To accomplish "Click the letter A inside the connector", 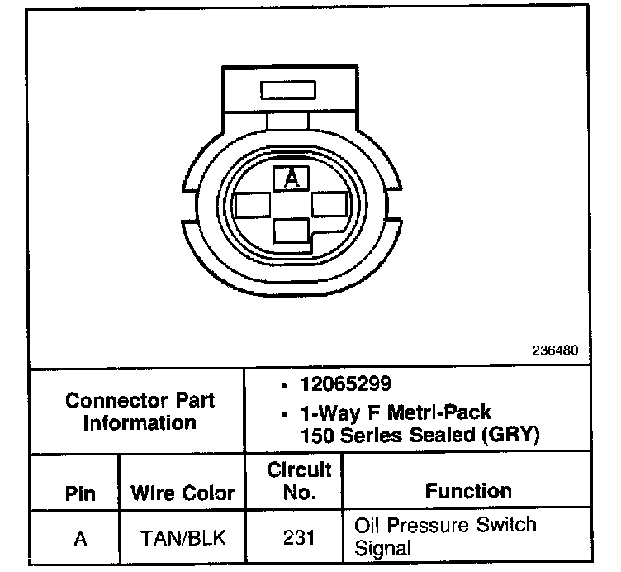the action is [290, 177].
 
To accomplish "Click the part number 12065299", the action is [345, 385].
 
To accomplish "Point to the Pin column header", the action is [80, 494].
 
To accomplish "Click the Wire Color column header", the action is [183, 494].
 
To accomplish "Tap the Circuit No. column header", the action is [299, 481].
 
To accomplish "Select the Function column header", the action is [468, 491].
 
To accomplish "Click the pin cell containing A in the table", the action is [80, 538].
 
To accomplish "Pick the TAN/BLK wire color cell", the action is [183, 538].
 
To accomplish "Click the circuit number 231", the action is [298, 538].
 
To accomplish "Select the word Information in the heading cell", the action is [139, 422].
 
